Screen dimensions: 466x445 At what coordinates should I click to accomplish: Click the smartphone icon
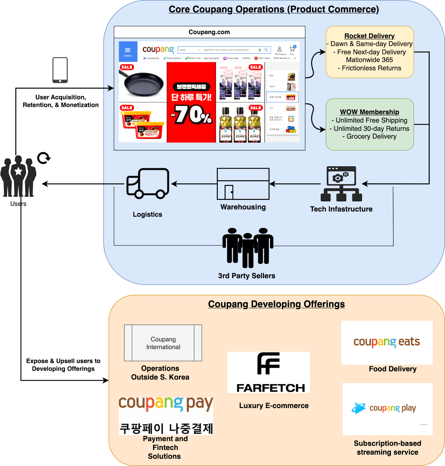(60, 70)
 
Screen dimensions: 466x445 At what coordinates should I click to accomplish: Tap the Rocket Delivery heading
(369, 36)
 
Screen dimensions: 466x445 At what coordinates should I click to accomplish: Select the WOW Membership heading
(369, 112)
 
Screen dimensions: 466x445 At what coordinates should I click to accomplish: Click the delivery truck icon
(148, 183)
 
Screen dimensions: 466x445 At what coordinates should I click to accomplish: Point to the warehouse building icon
(243, 184)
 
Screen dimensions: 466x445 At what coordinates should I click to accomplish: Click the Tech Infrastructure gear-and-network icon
(341, 184)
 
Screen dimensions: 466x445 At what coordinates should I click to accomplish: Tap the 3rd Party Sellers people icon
(248, 248)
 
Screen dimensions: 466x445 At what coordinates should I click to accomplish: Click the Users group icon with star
(18, 176)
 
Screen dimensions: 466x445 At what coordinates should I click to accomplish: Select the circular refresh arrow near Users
(44, 158)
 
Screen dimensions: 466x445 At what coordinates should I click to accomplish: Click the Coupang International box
(163, 343)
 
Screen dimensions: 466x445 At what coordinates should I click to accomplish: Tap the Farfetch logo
(269, 372)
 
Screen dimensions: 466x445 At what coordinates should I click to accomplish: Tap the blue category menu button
(128, 52)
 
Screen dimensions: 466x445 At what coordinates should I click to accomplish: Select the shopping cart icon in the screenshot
(292, 49)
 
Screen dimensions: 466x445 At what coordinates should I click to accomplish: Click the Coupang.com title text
(209, 32)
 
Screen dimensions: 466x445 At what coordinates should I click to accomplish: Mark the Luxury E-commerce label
(274, 406)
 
